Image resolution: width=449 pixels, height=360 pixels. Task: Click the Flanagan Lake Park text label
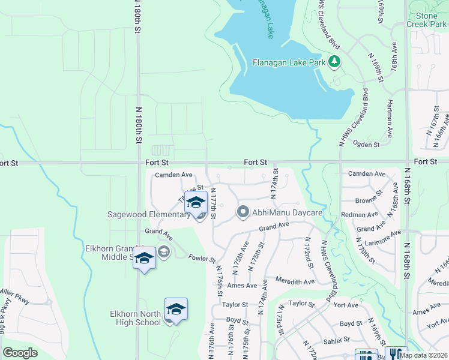tap(289, 62)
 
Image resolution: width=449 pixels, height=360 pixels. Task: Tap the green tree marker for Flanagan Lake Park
tap(334, 62)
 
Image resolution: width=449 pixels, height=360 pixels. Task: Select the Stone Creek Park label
tap(426, 20)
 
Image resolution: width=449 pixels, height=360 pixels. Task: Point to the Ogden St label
tap(367, 145)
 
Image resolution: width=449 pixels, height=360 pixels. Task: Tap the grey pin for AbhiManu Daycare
tap(243, 212)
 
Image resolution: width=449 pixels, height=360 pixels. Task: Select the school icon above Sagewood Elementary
tap(196, 203)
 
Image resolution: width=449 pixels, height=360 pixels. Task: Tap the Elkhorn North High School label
tap(135, 318)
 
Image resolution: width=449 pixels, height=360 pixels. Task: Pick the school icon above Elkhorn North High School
tap(176, 309)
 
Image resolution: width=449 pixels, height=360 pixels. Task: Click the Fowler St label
tap(202, 259)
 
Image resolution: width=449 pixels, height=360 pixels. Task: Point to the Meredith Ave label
tap(295, 281)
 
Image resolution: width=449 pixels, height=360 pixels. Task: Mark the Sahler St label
tap(336, 340)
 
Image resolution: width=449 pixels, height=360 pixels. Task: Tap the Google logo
tap(20, 353)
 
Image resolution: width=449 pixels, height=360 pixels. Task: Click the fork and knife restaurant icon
tap(396, 353)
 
